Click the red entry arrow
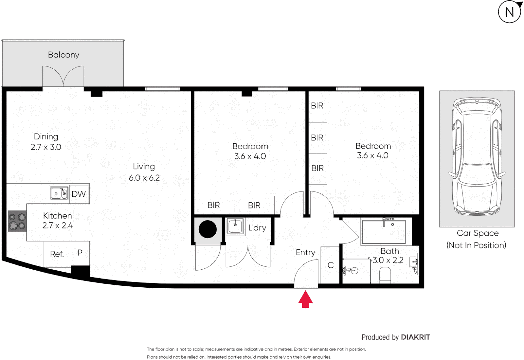click(x=305, y=299)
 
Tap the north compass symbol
click(x=509, y=12)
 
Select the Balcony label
click(x=63, y=55)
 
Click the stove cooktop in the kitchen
click(x=17, y=221)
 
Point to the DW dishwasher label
click(x=79, y=194)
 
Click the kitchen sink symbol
click(x=59, y=193)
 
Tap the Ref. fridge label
click(x=57, y=254)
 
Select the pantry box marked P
click(x=80, y=253)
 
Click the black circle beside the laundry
click(x=208, y=229)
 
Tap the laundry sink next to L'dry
click(x=235, y=226)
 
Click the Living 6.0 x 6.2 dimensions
click(x=144, y=178)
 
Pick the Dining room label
click(x=46, y=137)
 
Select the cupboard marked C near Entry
click(x=330, y=265)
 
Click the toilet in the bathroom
click(x=385, y=275)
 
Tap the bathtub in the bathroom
click(x=384, y=232)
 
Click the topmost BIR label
click(x=317, y=106)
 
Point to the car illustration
click(x=477, y=157)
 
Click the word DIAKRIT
click(x=415, y=337)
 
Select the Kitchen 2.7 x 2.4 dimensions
click(x=57, y=226)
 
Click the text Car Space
click(x=477, y=233)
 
